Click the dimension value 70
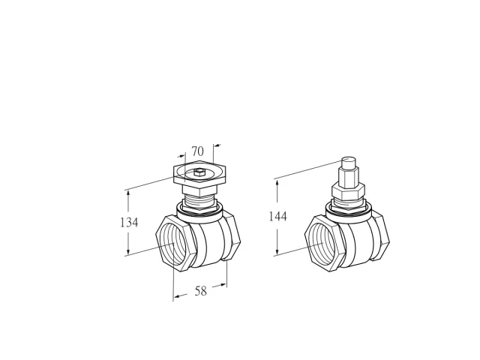click(197, 151)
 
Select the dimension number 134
click(129, 222)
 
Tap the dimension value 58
click(201, 291)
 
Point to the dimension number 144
click(278, 217)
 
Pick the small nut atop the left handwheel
click(199, 172)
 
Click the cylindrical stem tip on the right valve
click(349, 163)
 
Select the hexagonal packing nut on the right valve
click(348, 190)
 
